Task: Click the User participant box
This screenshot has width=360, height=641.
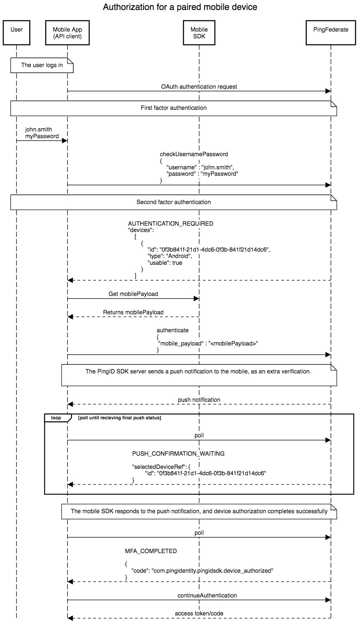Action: click(x=16, y=32)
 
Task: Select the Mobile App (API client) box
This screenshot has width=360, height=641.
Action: click(x=67, y=32)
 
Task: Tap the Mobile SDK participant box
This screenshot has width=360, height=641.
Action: click(x=199, y=32)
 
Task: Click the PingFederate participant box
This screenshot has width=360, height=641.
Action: click(x=330, y=32)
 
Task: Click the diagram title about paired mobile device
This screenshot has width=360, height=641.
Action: click(x=180, y=7)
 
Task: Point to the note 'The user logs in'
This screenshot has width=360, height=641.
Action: click(x=42, y=65)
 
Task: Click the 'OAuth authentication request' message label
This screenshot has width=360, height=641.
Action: click(x=199, y=86)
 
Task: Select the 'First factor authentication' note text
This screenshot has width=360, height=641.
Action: click(x=173, y=108)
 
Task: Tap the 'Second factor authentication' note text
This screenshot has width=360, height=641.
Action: click(x=173, y=202)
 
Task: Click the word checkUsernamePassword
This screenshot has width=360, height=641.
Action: click(x=194, y=154)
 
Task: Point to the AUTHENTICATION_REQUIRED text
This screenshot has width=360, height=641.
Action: click(x=171, y=224)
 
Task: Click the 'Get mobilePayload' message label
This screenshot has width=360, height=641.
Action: click(x=133, y=294)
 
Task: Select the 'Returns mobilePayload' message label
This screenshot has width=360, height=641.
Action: click(x=133, y=312)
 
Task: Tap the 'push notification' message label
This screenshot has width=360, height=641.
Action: click(x=199, y=400)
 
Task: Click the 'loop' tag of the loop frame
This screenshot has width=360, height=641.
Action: click(x=56, y=418)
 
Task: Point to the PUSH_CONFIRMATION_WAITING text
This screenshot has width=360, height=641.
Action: click(x=178, y=454)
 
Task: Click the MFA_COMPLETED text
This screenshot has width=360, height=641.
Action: click(x=151, y=551)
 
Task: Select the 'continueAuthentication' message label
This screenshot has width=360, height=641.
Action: click(x=207, y=595)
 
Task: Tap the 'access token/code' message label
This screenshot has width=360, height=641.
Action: click(x=199, y=613)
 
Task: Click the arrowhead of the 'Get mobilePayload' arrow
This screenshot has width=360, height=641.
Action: click(x=196, y=298)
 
